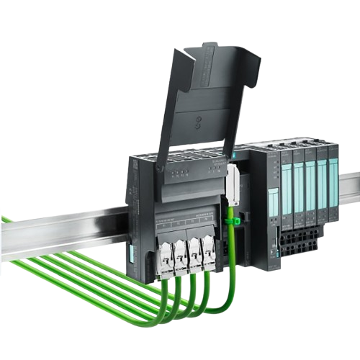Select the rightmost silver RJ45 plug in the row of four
210,249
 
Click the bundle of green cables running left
72,266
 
